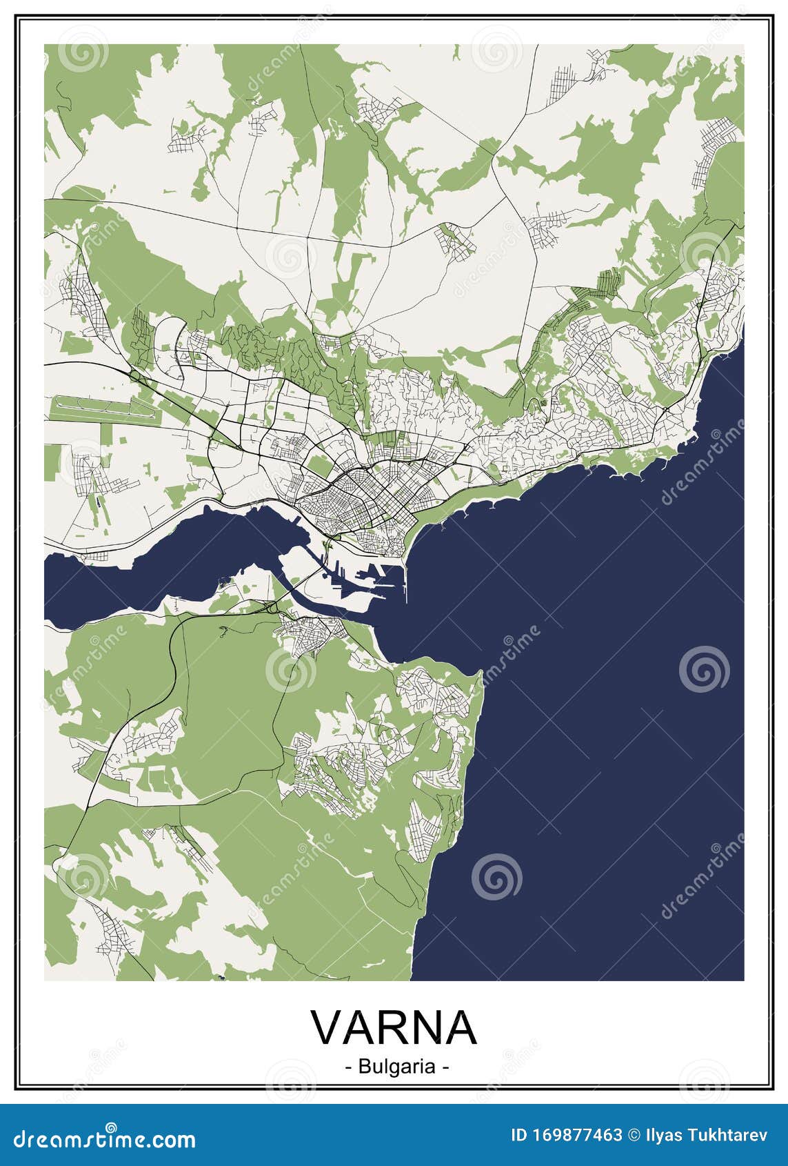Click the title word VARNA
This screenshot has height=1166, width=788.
pyautogui.click(x=394, y=1027)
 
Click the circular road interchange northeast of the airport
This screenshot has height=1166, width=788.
pyautogui.click(x=133, y=373)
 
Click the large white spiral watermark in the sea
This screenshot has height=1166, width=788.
pyautogui.click(x=704, y=669)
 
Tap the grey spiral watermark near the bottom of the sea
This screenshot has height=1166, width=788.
pyautogui.click(x=496, y=877)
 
